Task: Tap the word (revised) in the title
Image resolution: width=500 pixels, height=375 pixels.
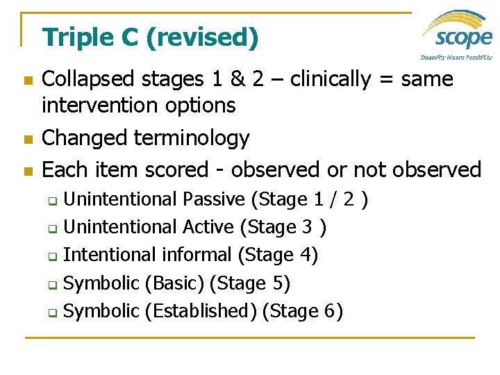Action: point(201,37)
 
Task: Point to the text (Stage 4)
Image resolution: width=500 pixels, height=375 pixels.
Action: point(278,255)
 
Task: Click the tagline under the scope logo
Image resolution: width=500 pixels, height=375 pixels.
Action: point(456,57)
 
